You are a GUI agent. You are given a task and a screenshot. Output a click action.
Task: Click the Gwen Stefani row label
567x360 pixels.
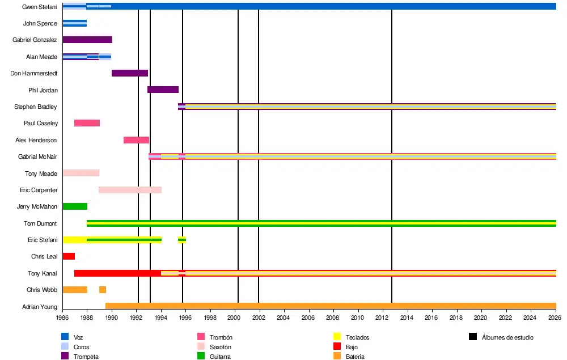click(39, 7)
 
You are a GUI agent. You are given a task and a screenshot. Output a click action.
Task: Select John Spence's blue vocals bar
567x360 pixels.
click(74, 23)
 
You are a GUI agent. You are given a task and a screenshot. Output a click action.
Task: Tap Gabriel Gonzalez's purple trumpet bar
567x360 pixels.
click(87, 40)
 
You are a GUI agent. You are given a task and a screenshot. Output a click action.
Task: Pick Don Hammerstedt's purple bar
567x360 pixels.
click(130, 73)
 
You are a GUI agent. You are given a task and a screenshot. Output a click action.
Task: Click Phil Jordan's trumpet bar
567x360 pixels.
click(163, 90)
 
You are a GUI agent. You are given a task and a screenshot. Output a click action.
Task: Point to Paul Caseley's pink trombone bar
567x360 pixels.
click(87, 123)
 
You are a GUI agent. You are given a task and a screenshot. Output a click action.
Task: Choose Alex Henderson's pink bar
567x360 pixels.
click(136, 140)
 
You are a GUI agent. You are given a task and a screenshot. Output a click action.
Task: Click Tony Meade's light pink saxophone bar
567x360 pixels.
click(81, 173)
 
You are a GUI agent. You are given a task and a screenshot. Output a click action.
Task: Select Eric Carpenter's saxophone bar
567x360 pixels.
click(130, 190)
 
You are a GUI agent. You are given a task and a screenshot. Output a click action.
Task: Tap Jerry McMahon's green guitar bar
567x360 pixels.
click(75, 206)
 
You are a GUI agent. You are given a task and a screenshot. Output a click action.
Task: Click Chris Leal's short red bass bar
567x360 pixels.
click(69, 256)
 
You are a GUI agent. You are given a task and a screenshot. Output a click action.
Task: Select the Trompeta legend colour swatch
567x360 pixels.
click(66, 356)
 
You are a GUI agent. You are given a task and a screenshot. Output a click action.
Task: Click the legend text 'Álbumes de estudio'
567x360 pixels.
click(507, 337)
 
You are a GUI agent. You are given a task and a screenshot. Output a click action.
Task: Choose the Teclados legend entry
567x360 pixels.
click(357, 337)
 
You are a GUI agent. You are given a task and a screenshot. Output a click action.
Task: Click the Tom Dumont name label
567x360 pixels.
click(40, 223)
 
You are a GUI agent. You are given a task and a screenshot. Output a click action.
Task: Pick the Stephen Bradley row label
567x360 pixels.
click(35, 107)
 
